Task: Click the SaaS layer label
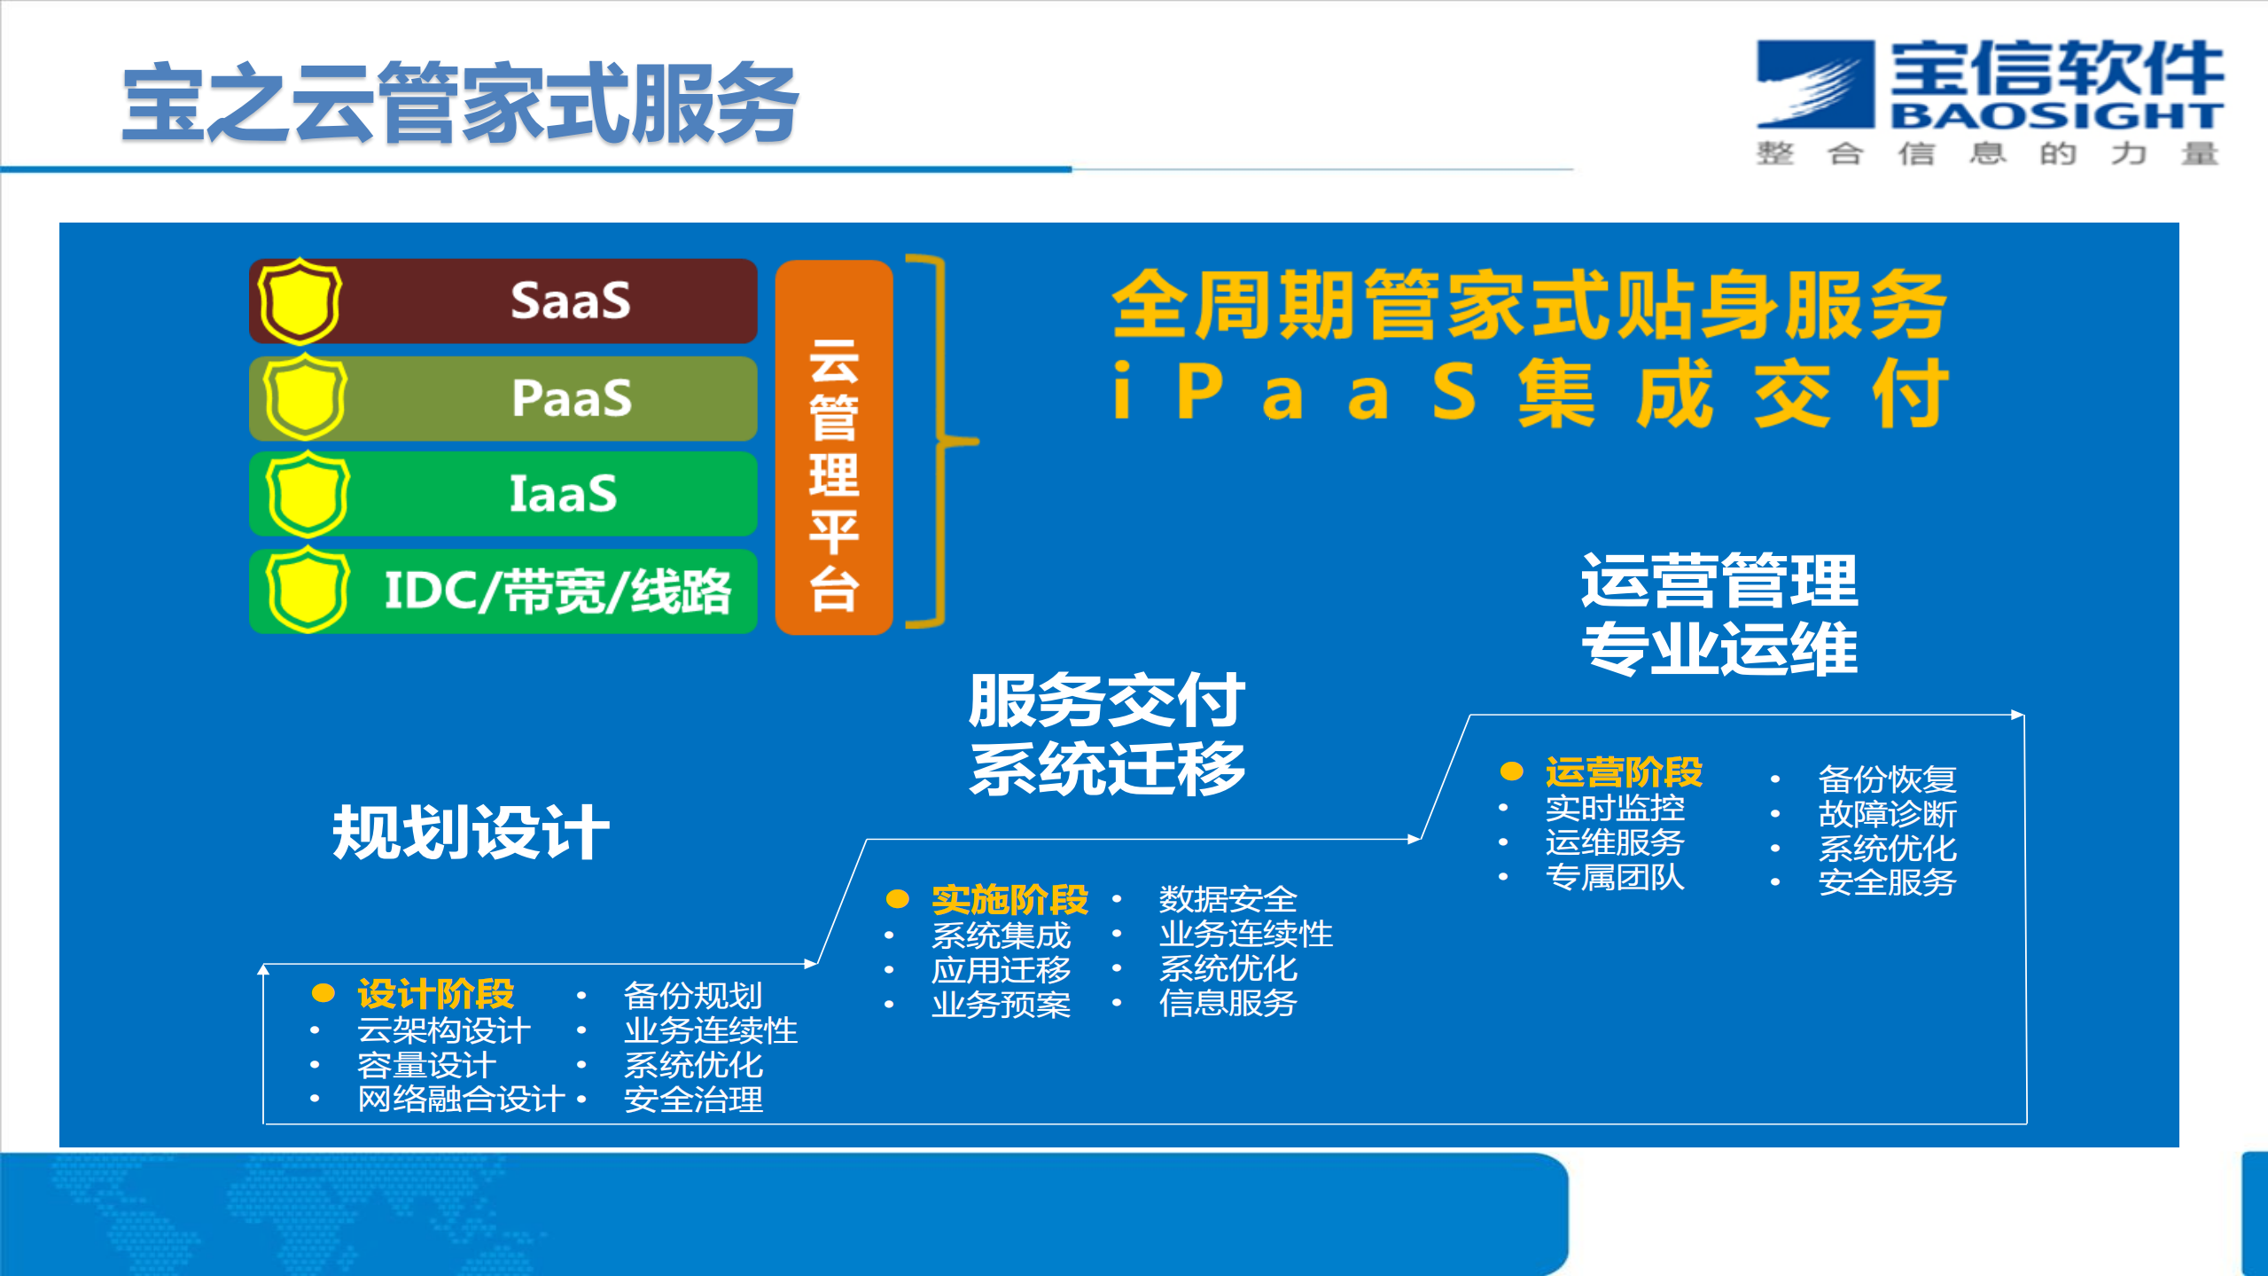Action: tap(570, 301)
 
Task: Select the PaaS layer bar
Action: tap(532, 398)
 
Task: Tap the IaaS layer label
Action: tap(563, 494)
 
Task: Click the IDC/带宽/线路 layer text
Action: tap(557, 591)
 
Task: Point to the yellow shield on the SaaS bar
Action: tap(299, 301)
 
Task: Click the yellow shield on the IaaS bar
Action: tap(307, 494)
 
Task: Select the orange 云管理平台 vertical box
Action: tap(833, 447)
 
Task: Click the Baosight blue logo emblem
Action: tap(1815, 84)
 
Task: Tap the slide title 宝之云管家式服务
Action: tap(460, 104)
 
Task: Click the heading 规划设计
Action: tap(471, 833)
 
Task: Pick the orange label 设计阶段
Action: tap(435, 994)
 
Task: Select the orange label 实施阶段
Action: tap(1009, 899)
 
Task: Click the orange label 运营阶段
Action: tap(1623, 771)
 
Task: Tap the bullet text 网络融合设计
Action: tap(461, 1100)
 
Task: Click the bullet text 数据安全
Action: tap(1228, 899)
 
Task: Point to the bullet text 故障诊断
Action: tap(1887, 813)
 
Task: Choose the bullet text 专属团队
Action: tap(1614, 877)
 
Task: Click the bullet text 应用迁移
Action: tap(1001, 970)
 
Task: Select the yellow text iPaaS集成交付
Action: tap(1530, 393)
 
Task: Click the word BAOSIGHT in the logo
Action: tap(2055, 116)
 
